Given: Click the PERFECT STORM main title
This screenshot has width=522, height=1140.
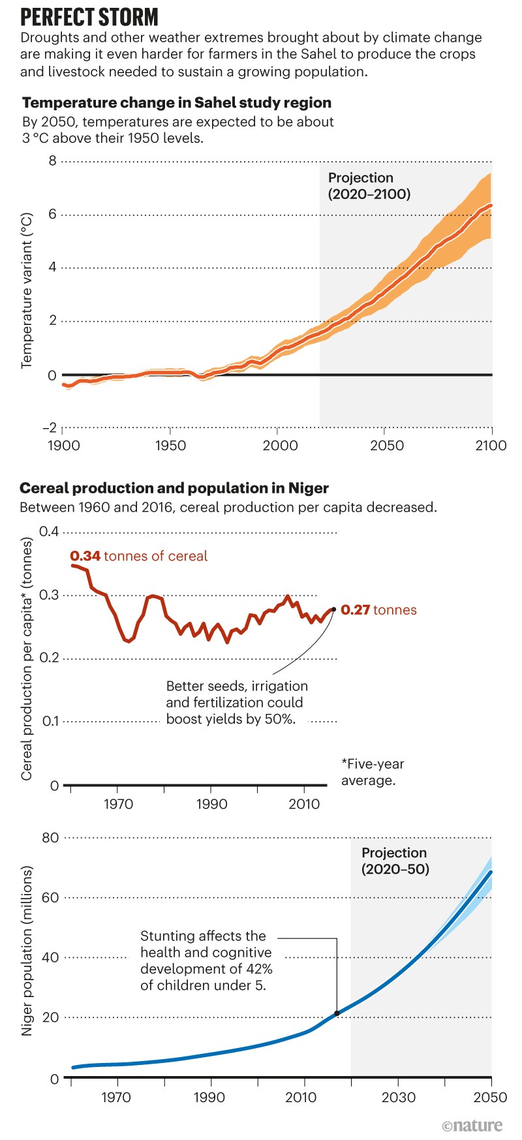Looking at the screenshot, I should click(89, 16).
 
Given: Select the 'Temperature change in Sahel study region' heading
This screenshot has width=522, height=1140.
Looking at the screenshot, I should click(177, 102).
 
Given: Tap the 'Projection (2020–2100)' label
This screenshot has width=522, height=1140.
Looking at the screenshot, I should click(369, 186).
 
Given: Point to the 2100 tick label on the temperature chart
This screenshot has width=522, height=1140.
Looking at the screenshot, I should click(491, 446).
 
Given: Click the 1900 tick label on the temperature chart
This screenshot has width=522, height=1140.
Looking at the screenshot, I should click(64, 446).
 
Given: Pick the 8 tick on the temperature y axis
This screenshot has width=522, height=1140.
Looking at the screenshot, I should click(52, 161).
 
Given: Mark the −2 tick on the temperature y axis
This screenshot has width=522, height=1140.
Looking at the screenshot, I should click(50, 428).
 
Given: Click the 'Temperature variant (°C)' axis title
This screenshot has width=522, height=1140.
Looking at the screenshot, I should click(27, 290).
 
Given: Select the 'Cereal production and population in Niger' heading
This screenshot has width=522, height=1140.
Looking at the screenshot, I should click(174, 488).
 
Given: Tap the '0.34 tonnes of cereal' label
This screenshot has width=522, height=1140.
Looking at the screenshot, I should click(138, 556).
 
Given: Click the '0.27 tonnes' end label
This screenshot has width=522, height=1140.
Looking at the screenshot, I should click(378, 610).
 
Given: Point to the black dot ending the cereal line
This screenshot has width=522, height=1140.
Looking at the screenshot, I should click(333, 609).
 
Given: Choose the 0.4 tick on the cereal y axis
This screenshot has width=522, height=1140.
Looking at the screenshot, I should click(49, 531).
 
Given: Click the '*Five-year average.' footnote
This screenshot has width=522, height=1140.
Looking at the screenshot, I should click(373, 772).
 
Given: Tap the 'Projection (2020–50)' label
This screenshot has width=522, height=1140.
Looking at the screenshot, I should click(395, 861).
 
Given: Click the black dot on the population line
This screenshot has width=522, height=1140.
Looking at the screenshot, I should click(337, 1013).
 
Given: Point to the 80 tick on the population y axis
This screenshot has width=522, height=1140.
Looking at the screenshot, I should click(50, 837).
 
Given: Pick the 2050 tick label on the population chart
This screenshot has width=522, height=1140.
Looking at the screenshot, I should click(491, 1097).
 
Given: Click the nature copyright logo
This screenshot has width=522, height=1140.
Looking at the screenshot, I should click(472, 1126).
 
